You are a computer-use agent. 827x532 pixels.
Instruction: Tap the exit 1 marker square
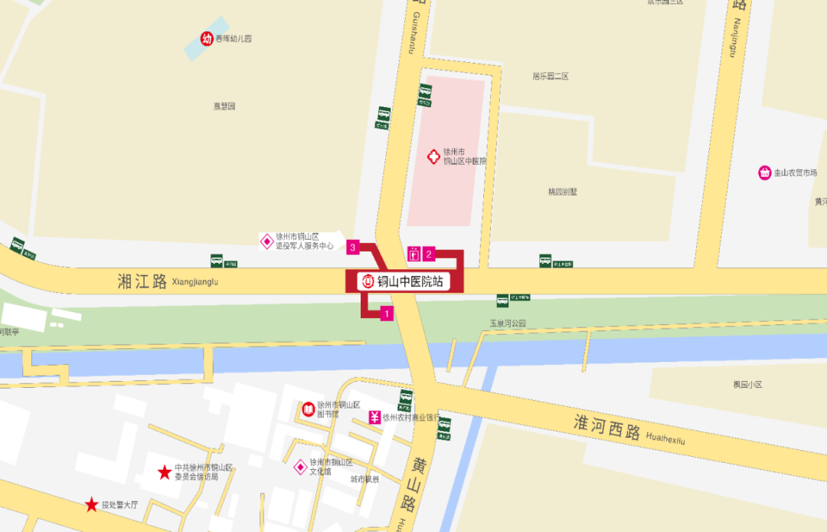pyautogui.click(x=387, y=314)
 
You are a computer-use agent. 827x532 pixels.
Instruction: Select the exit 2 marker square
pyautogui.click(x=430, y=254)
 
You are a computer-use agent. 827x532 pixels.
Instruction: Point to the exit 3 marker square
pyautogui.click(x=352, y=247)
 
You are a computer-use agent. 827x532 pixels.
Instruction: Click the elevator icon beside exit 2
pyautogui.click(x=414, y=254)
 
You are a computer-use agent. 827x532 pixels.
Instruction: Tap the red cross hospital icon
pyautogui.click(x=433, y=156)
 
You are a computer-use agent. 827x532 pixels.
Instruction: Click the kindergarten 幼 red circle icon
pyautogui.click(x=207, y=38)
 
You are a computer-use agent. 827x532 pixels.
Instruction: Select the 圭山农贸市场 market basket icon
pyautogui.click(x=764, y=172)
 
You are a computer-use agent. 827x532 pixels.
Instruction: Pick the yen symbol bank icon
pyautogui.click(x=374, y=417)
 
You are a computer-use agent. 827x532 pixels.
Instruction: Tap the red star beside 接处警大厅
pyautogui.click(x=92, y=504)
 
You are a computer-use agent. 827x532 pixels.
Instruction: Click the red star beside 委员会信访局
pyautogui.click(x=164, y=472)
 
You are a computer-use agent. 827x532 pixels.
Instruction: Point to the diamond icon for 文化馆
pyautogui.click(x=300, y=467)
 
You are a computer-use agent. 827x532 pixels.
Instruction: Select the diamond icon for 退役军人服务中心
pyautogui.click(x=266, y=241)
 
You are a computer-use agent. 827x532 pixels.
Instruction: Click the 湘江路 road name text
pyautogui.click(x=142, y=281)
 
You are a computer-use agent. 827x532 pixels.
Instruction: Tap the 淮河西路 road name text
pyautogui.click(x=607, y=426)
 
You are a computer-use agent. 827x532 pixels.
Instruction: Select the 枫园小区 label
pyautogui.click(x=747, y=384)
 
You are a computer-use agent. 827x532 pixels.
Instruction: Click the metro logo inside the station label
pyautogui.click(x=368, y=281)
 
